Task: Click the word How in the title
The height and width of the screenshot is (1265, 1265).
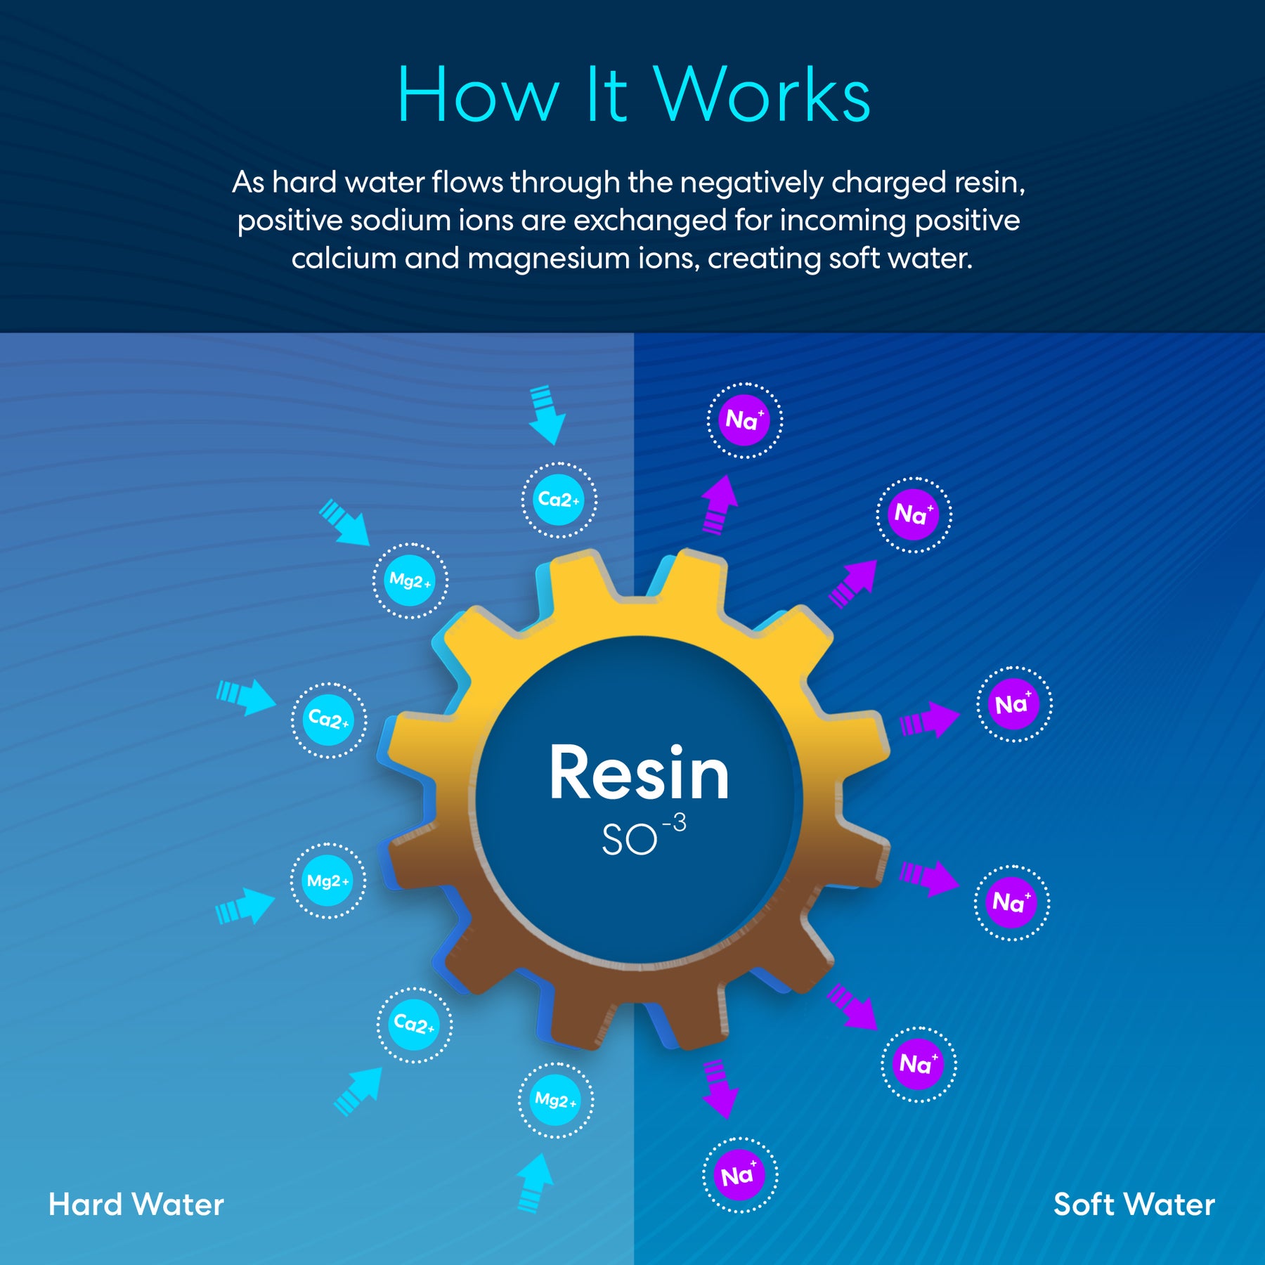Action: tap(478, 95)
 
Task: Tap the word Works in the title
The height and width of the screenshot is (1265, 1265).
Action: tap(763, 95)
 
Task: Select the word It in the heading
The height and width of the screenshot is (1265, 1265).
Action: tap(606, 95)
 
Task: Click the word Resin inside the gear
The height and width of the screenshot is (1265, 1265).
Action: tap(639, 773)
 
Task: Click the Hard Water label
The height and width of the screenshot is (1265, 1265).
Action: tap(136, 1205)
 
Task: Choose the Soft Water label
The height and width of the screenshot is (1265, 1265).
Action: tap(1134, 1205)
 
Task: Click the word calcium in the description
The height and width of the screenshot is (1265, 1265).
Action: tap(344, 259)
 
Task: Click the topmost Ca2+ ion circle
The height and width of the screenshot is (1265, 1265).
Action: tap(559, 500)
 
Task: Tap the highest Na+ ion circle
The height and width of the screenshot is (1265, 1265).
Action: tap(744, 420)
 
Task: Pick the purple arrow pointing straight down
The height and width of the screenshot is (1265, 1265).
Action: tap(719, 1089)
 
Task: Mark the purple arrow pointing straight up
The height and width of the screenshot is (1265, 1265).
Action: tap(719, 504)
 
